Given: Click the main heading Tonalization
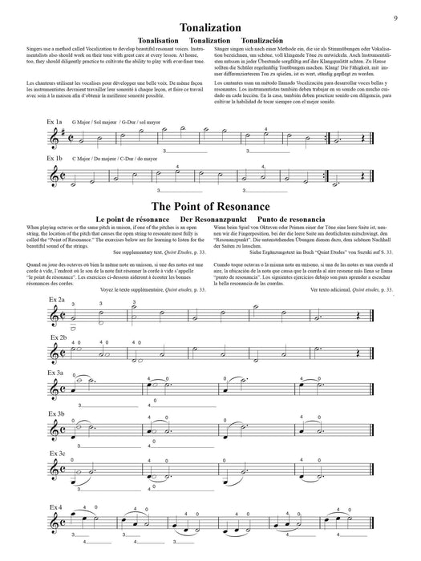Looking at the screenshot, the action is pos(209,27).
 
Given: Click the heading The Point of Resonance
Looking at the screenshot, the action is pos(209,206).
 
